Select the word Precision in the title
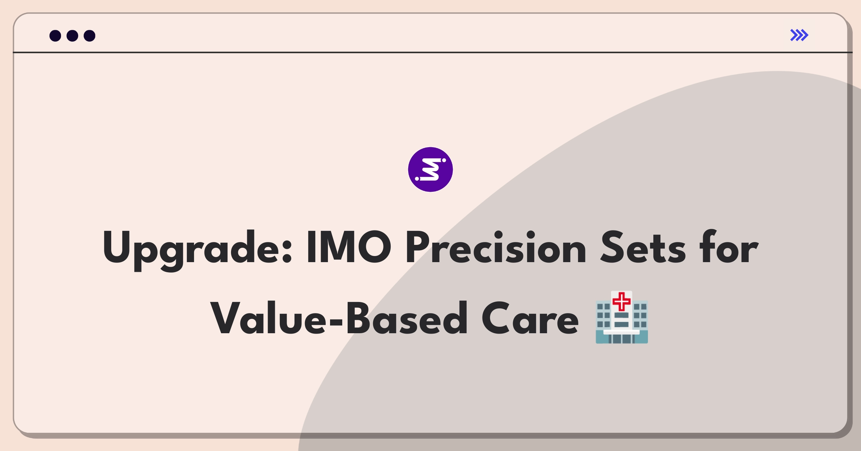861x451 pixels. point(496,247)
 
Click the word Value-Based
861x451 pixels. point(339,318)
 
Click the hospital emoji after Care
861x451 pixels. point(622,317)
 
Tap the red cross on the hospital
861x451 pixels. point(622,301)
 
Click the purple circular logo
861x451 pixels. point(430,169)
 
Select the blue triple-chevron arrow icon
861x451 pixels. point(799,35)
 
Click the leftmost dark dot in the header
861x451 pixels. point(55,36)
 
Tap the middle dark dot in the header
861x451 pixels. point(72,36)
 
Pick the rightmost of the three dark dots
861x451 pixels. point(89,36)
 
